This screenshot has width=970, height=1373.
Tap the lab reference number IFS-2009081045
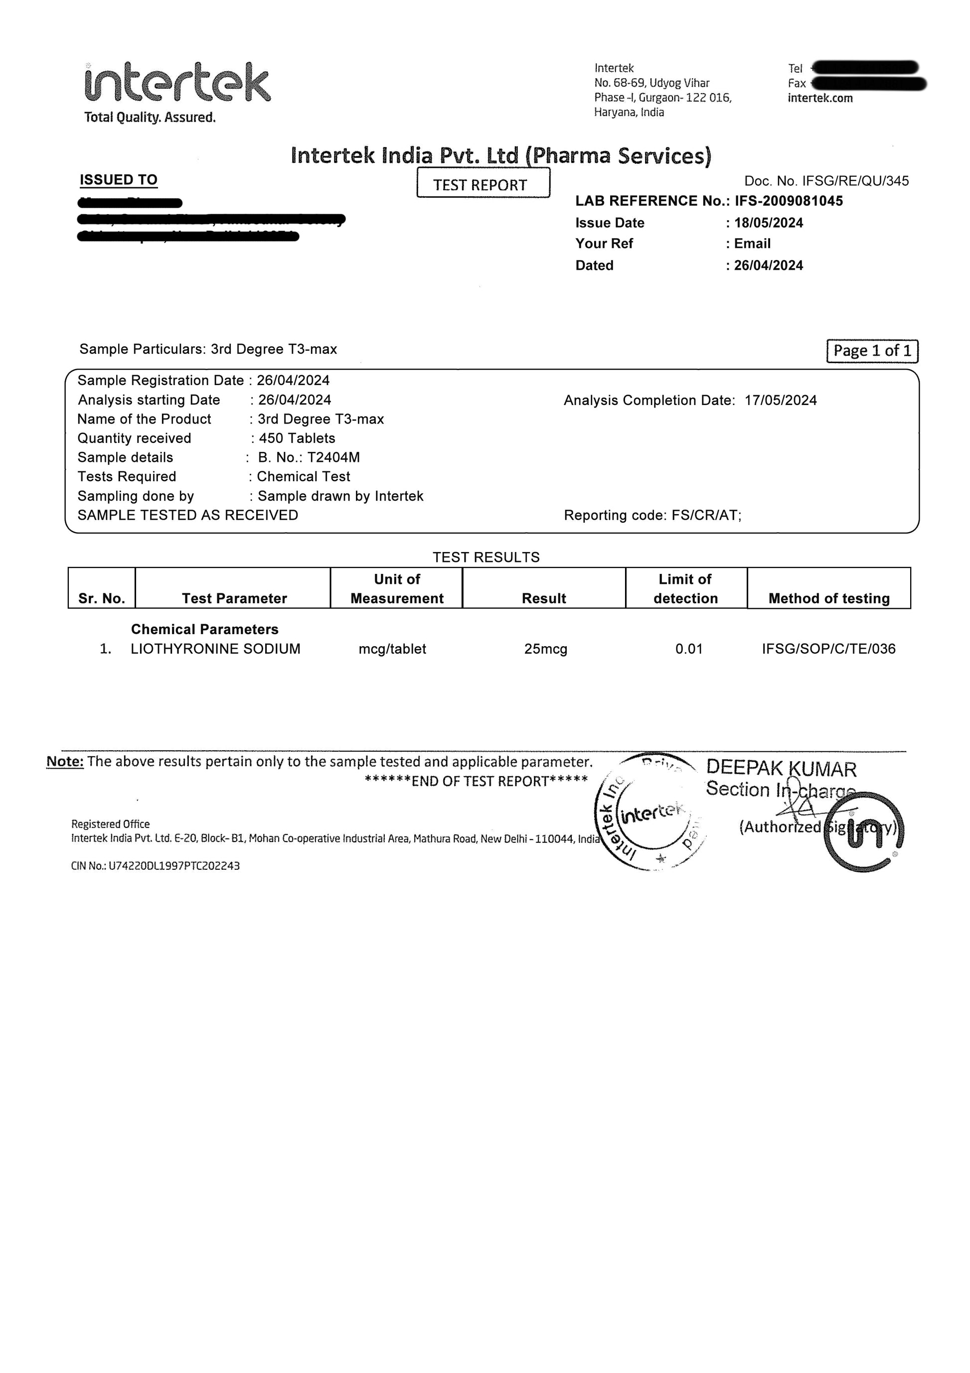(789, 201)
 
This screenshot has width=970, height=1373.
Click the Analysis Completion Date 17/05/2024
(780, 400)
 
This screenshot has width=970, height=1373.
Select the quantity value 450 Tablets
(297, 438)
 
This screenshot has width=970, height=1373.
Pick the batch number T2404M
(333, 457)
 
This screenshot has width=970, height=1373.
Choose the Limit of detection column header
(685, 588)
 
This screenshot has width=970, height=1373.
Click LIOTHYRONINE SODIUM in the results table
(215, 649)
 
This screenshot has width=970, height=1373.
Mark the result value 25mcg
(545, 649)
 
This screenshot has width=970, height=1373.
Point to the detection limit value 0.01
(689, 649)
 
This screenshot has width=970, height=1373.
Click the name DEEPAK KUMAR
(781, 768)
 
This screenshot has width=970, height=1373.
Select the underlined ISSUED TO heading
(119, 180)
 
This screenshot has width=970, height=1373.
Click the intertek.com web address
(820, 98)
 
